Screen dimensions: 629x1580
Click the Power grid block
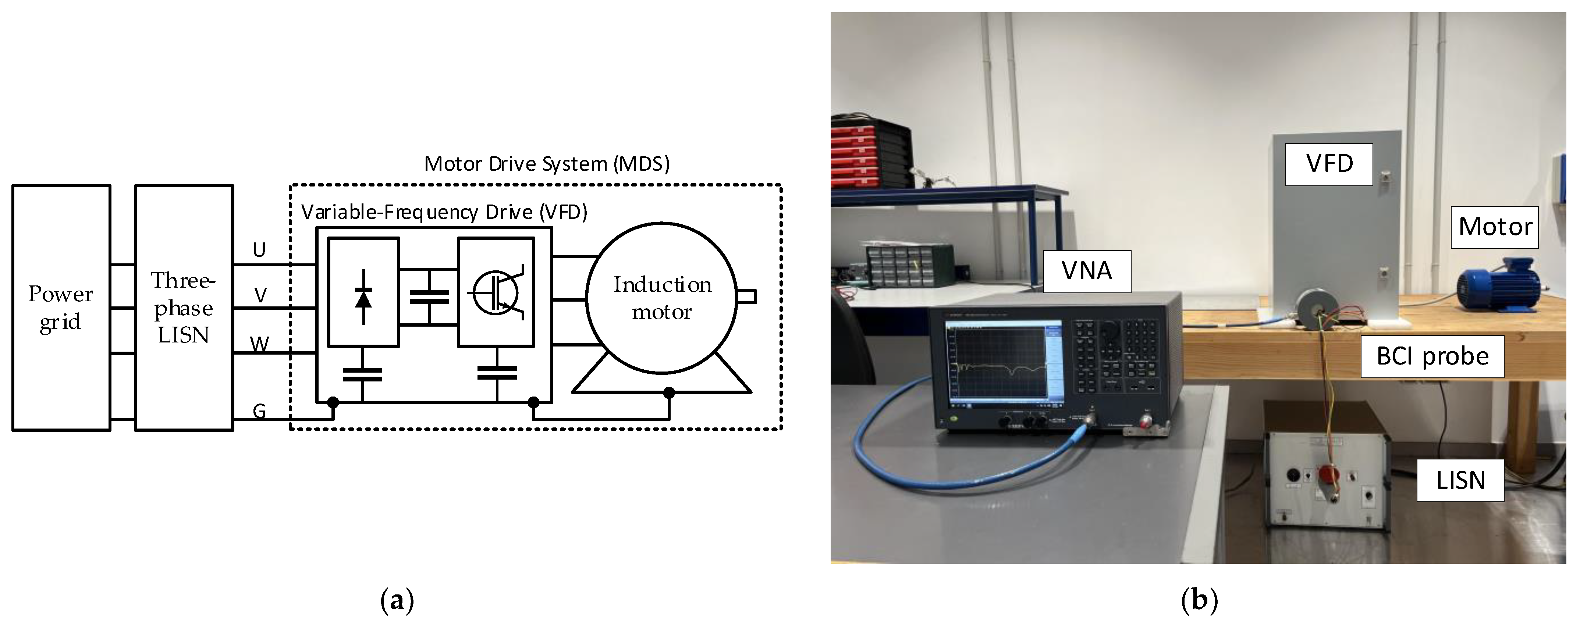click(61, 308)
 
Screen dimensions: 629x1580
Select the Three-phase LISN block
click(184, 308)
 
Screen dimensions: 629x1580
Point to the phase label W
click(259, 344)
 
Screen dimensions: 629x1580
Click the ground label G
click(259, 411)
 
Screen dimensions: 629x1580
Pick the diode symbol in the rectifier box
click(364, 297)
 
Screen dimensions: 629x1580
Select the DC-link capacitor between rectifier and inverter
click(429, 297)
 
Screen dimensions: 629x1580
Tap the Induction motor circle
click(662, 298)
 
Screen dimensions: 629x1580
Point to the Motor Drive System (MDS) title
click(547, 164)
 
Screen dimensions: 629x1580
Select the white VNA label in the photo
click(1086, 270)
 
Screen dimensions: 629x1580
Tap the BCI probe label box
click(1432, 356)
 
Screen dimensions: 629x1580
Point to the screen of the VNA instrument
click(996, 365)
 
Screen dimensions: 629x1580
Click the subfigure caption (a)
click(397, 600)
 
